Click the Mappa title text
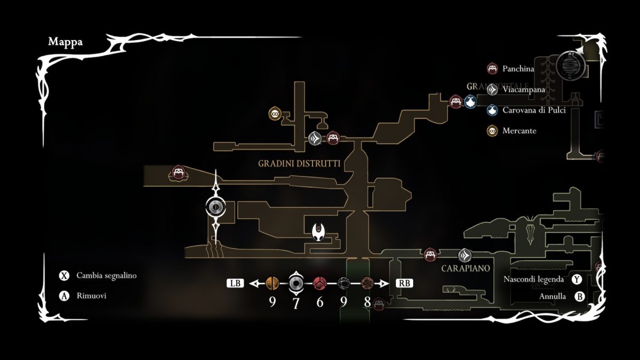[x=66, y=42]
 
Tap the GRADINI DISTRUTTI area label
[x=299, y=163]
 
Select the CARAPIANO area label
[x=466, y=268]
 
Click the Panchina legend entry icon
[x=492, y=68]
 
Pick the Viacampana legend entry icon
[x=492, y=90]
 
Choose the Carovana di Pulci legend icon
[x=492, y=110]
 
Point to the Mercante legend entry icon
[x=492, y=131]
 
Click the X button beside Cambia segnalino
[x=64, y=276]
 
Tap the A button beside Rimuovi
[x=64, y=296]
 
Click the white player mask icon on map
[x=319, y=232]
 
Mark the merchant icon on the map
[x=275, y=113]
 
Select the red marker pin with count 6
[x=319, y=283]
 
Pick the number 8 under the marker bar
[x=367, y=302]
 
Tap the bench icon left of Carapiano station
[x=430, y=255]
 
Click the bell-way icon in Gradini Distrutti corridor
[x=315, y=139]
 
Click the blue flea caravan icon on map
[x=470, y=102]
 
